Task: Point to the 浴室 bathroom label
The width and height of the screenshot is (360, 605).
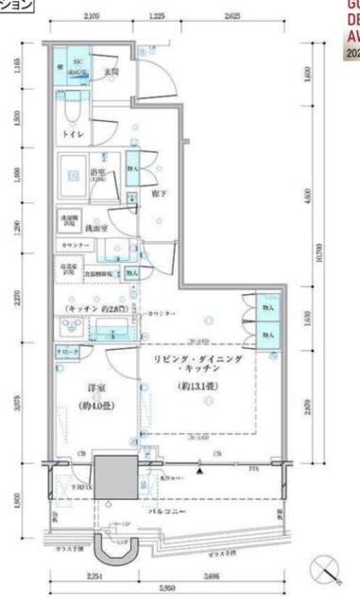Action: coord(99,173)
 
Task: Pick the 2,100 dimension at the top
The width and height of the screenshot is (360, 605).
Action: coord(93,15)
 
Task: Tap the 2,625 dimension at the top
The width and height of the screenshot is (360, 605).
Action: coord(233,15)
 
